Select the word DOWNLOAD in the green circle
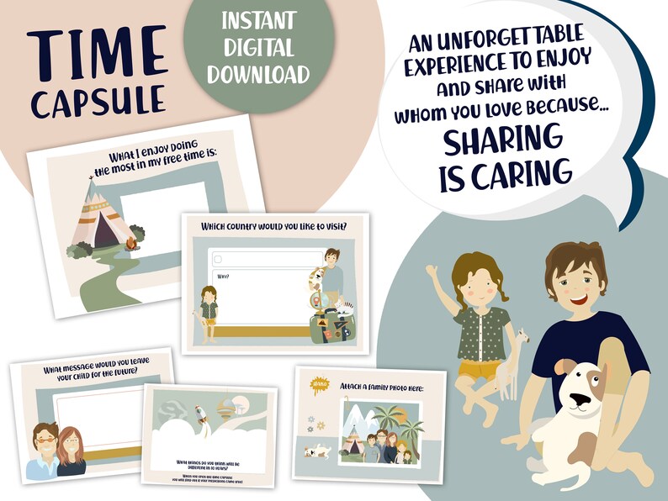[259, 75]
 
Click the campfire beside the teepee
[130, 245]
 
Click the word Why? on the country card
[224, 276]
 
